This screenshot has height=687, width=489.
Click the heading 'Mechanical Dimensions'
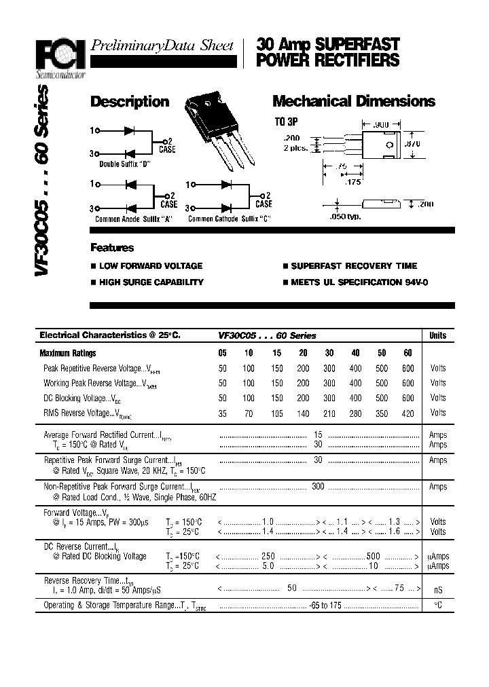[x=353, y=102]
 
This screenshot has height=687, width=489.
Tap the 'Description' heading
[x=130, y=102]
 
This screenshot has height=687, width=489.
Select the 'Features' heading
[x=112, y=248]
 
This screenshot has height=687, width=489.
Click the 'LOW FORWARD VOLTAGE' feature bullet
[x=150, y=266]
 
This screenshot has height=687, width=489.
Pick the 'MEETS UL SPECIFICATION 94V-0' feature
[x=359, y=282]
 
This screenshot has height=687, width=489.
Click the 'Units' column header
[x=438, y=335]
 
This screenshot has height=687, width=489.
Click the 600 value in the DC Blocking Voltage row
[x=407, y=398]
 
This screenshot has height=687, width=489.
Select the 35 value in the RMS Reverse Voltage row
[x=223, y=413]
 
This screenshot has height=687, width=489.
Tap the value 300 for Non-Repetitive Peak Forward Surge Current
[x=317, y=487]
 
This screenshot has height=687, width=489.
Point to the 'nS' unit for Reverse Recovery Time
[x=438, y=590]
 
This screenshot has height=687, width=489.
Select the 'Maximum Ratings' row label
[x=68, y=353]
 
